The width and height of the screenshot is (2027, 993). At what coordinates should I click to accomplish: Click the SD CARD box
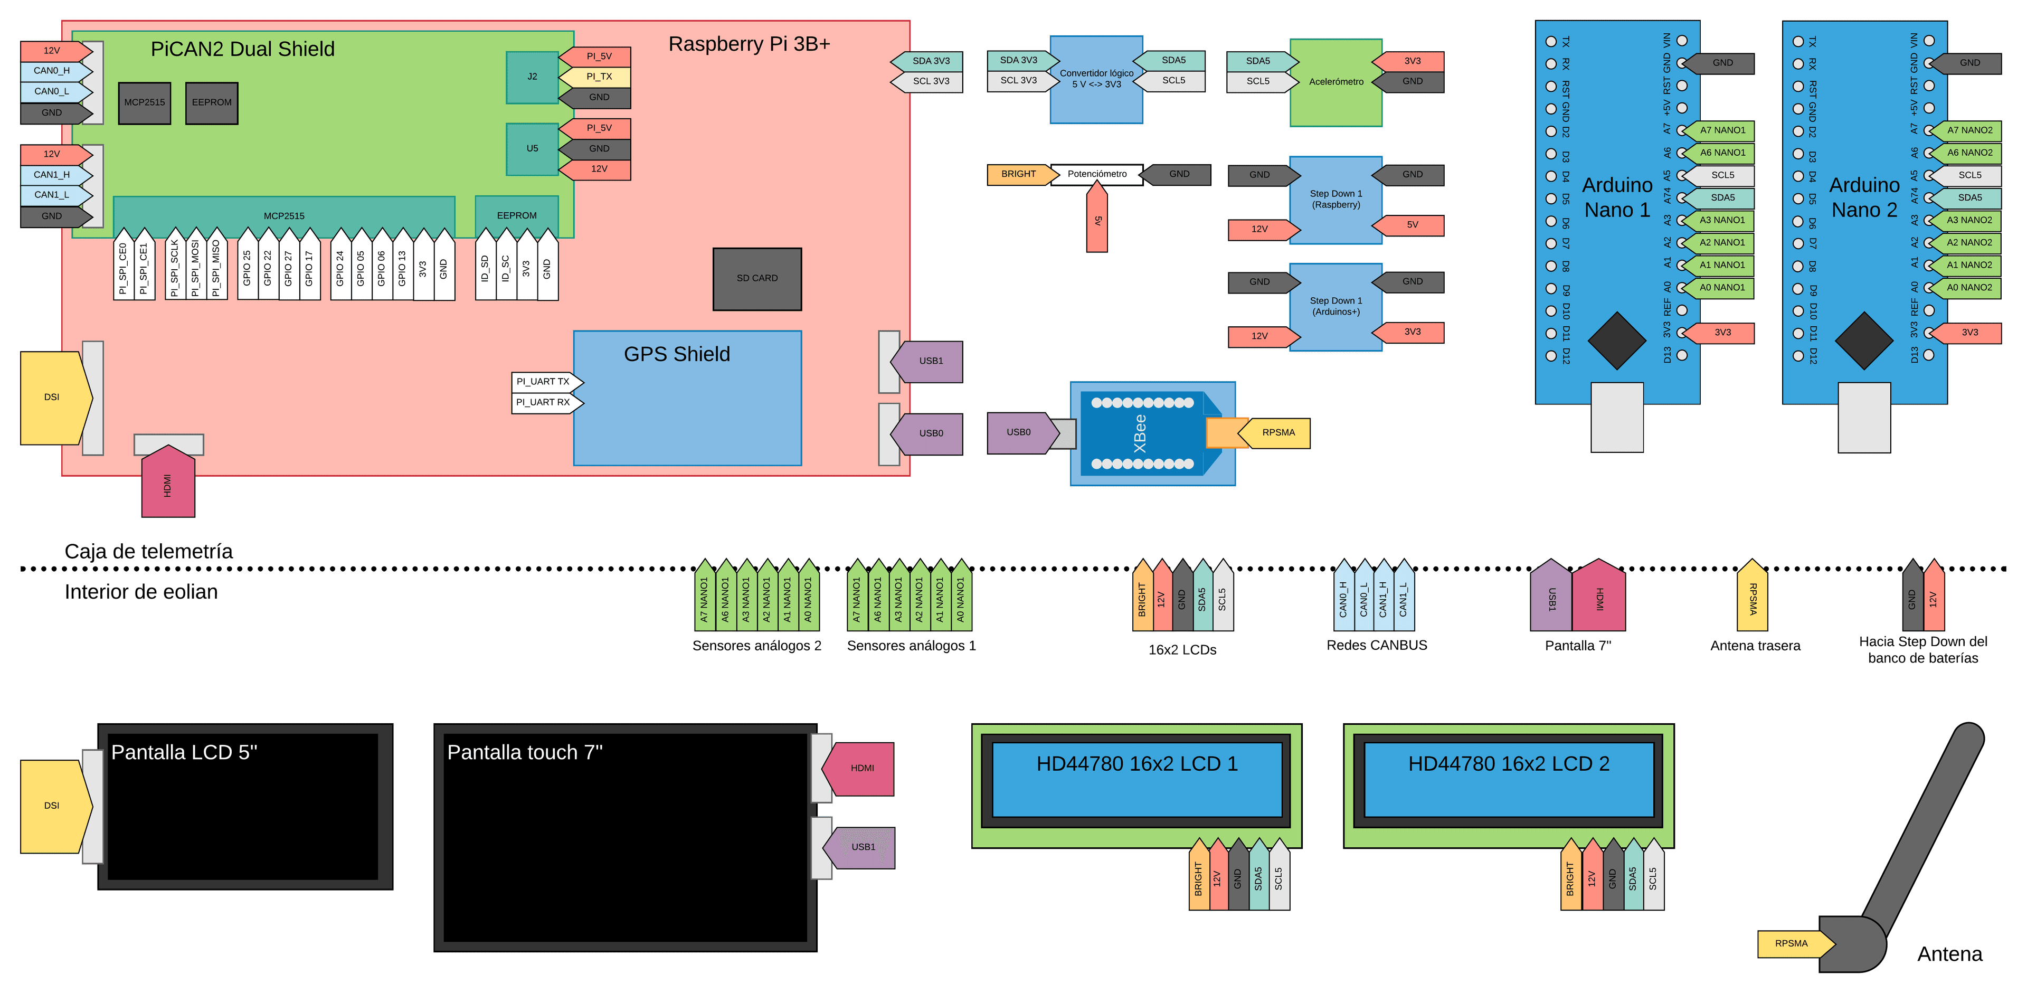point(757,279)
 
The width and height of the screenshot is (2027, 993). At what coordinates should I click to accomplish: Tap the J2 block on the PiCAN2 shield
point(533,77)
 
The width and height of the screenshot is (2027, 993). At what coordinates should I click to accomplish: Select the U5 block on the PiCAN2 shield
point(533,149)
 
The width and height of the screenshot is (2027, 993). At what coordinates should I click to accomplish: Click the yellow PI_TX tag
point(598,77)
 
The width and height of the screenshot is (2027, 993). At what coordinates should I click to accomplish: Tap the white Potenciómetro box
point(1097,174)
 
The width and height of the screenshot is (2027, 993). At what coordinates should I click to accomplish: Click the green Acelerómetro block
point(1335,82)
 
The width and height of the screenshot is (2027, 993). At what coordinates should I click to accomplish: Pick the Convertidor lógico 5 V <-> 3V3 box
point(1096,79)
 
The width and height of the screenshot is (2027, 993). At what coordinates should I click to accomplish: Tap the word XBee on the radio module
point(1140,433)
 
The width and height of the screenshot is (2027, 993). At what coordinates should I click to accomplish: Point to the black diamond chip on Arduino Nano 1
point(1616,341)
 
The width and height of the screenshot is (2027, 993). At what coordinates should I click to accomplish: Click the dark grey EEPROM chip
point(212,102)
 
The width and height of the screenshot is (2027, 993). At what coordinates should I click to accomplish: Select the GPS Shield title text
point(677,354)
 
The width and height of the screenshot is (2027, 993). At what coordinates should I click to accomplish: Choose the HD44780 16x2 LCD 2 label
point(1509,764)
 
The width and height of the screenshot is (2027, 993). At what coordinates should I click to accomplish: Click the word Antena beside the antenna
point(1949,954)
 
